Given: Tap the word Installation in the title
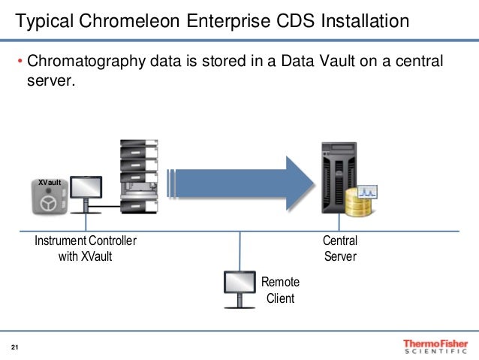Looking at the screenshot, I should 361,21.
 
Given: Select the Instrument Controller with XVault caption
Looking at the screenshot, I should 85,249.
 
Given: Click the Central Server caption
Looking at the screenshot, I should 339,249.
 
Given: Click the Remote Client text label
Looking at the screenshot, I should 280,290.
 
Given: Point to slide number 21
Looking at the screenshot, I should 14,347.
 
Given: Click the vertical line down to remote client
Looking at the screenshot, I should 239,249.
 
